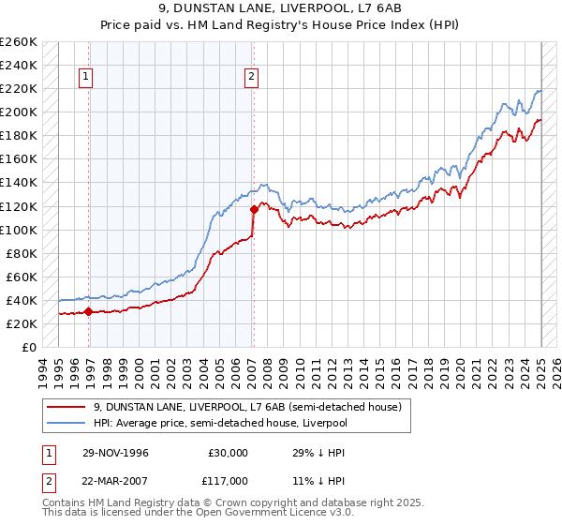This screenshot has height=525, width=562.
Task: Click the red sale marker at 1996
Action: coord(89,312)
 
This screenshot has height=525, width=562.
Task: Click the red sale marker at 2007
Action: coord(253,210)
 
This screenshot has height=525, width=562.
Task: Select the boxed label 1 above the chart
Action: coord(85,78)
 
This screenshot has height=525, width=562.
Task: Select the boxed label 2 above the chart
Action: coord(252,78)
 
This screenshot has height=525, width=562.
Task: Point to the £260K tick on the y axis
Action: coord(19,42)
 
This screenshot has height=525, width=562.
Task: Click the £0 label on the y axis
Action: coord(28,347)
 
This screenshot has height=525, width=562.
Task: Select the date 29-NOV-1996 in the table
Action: coord(115,452)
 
